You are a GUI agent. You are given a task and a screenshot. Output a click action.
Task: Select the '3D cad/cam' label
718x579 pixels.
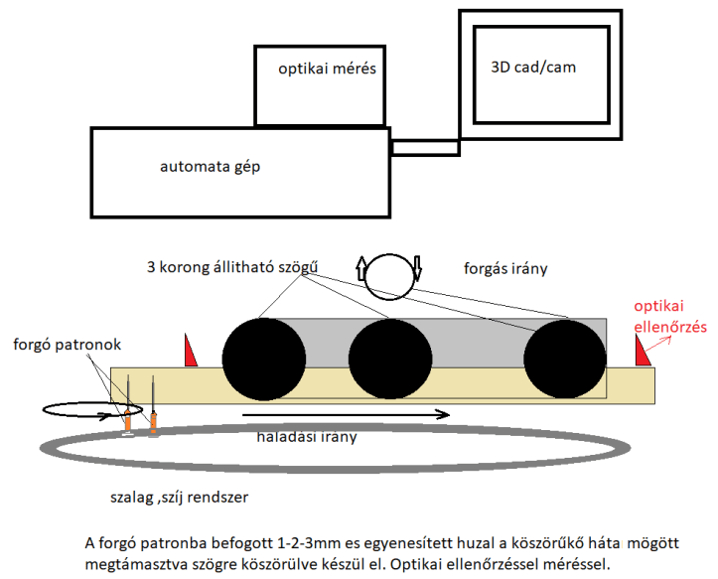click(533, 68)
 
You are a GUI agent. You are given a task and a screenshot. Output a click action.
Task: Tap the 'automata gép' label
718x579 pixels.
click(210, 166)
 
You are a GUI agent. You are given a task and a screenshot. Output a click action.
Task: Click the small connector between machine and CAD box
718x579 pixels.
click(425, 148)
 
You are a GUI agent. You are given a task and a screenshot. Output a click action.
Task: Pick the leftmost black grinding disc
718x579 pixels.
click(263, 359)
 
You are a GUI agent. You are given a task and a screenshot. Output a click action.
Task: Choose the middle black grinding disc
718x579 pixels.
click(390, 359)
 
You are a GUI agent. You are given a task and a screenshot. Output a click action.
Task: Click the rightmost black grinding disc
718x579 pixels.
click(565, 359)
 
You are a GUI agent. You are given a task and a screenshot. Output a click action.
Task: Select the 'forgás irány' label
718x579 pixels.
click(504, 268)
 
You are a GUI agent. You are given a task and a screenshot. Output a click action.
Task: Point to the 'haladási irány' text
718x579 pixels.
click(308, 436)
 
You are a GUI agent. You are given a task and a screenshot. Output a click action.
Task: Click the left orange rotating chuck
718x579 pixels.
click(129, 420)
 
